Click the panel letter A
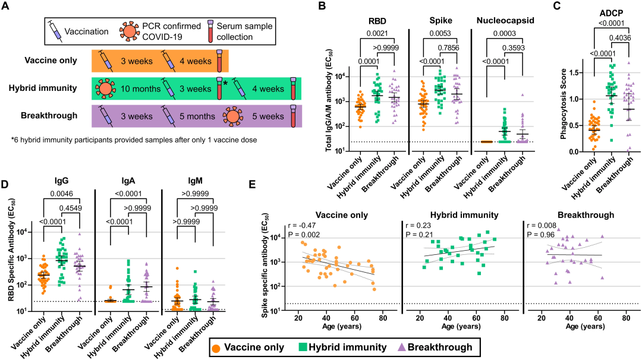point(7,8)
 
